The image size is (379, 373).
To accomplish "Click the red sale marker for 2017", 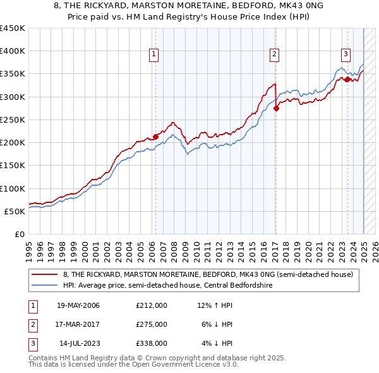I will [x=276, y=108].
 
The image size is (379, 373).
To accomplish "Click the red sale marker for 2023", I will [x=347, y=79].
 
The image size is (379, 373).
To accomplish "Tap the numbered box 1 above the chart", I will [x=154, y=55].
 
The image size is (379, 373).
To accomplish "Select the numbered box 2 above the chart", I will [x=275, y=55].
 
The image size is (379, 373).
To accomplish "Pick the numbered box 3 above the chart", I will [x=346, y=55].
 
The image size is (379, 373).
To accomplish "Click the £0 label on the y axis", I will [x=20, y=234].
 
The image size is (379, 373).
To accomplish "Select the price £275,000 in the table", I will [x=151, y=324].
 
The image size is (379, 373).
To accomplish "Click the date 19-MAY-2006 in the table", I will [x=78, y=305].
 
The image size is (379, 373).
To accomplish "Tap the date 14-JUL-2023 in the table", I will [x=79, y=343].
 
